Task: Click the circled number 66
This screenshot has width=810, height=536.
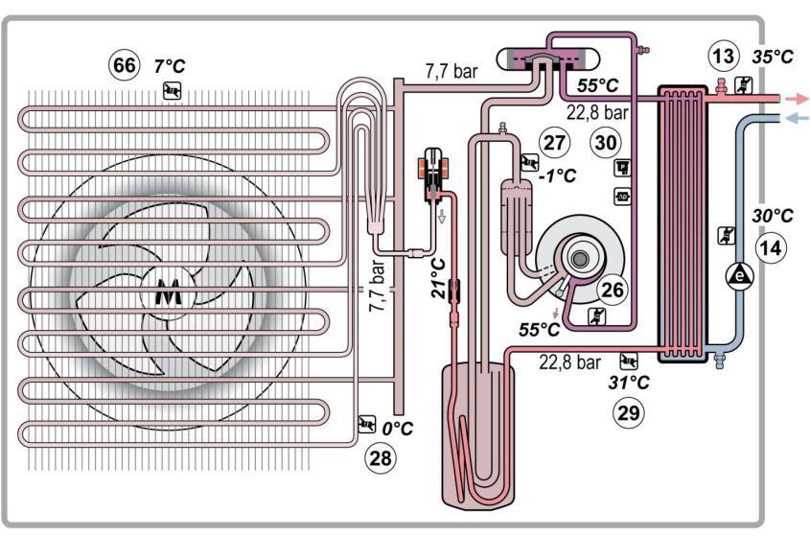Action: click(x=125, y=65)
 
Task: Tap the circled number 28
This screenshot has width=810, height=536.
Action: click(x=381, y=458)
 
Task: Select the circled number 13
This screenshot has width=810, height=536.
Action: click(x=723, y=56)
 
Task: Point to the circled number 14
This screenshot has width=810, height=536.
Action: click(x=771, y=248)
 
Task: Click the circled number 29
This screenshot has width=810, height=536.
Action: click(x=629, y=413)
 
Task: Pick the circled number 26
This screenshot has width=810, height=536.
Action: click(x=613, y=290)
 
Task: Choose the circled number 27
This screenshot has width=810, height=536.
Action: click(x=554, y=142)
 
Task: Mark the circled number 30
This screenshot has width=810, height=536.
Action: click(x=606, y=142)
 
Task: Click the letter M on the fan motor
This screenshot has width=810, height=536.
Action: click(x=169, y=292)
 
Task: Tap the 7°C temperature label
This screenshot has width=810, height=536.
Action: click(x=170, y=66)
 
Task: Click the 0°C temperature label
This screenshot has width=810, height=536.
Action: click(x=398, y=429)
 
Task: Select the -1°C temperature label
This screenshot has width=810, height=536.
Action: click(x=557, y=175)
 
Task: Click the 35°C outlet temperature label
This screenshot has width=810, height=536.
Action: click(x=773, y=57)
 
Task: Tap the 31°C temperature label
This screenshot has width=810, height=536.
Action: click(x=629, y=383)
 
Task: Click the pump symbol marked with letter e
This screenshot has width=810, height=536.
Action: click(x=740, y=276)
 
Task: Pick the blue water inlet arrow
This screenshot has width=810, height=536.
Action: click(x=796, y=118)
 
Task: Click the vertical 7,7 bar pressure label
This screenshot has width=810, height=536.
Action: click(x=377, y=286)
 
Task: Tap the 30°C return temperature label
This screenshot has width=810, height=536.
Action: click(x=773, y=216)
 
